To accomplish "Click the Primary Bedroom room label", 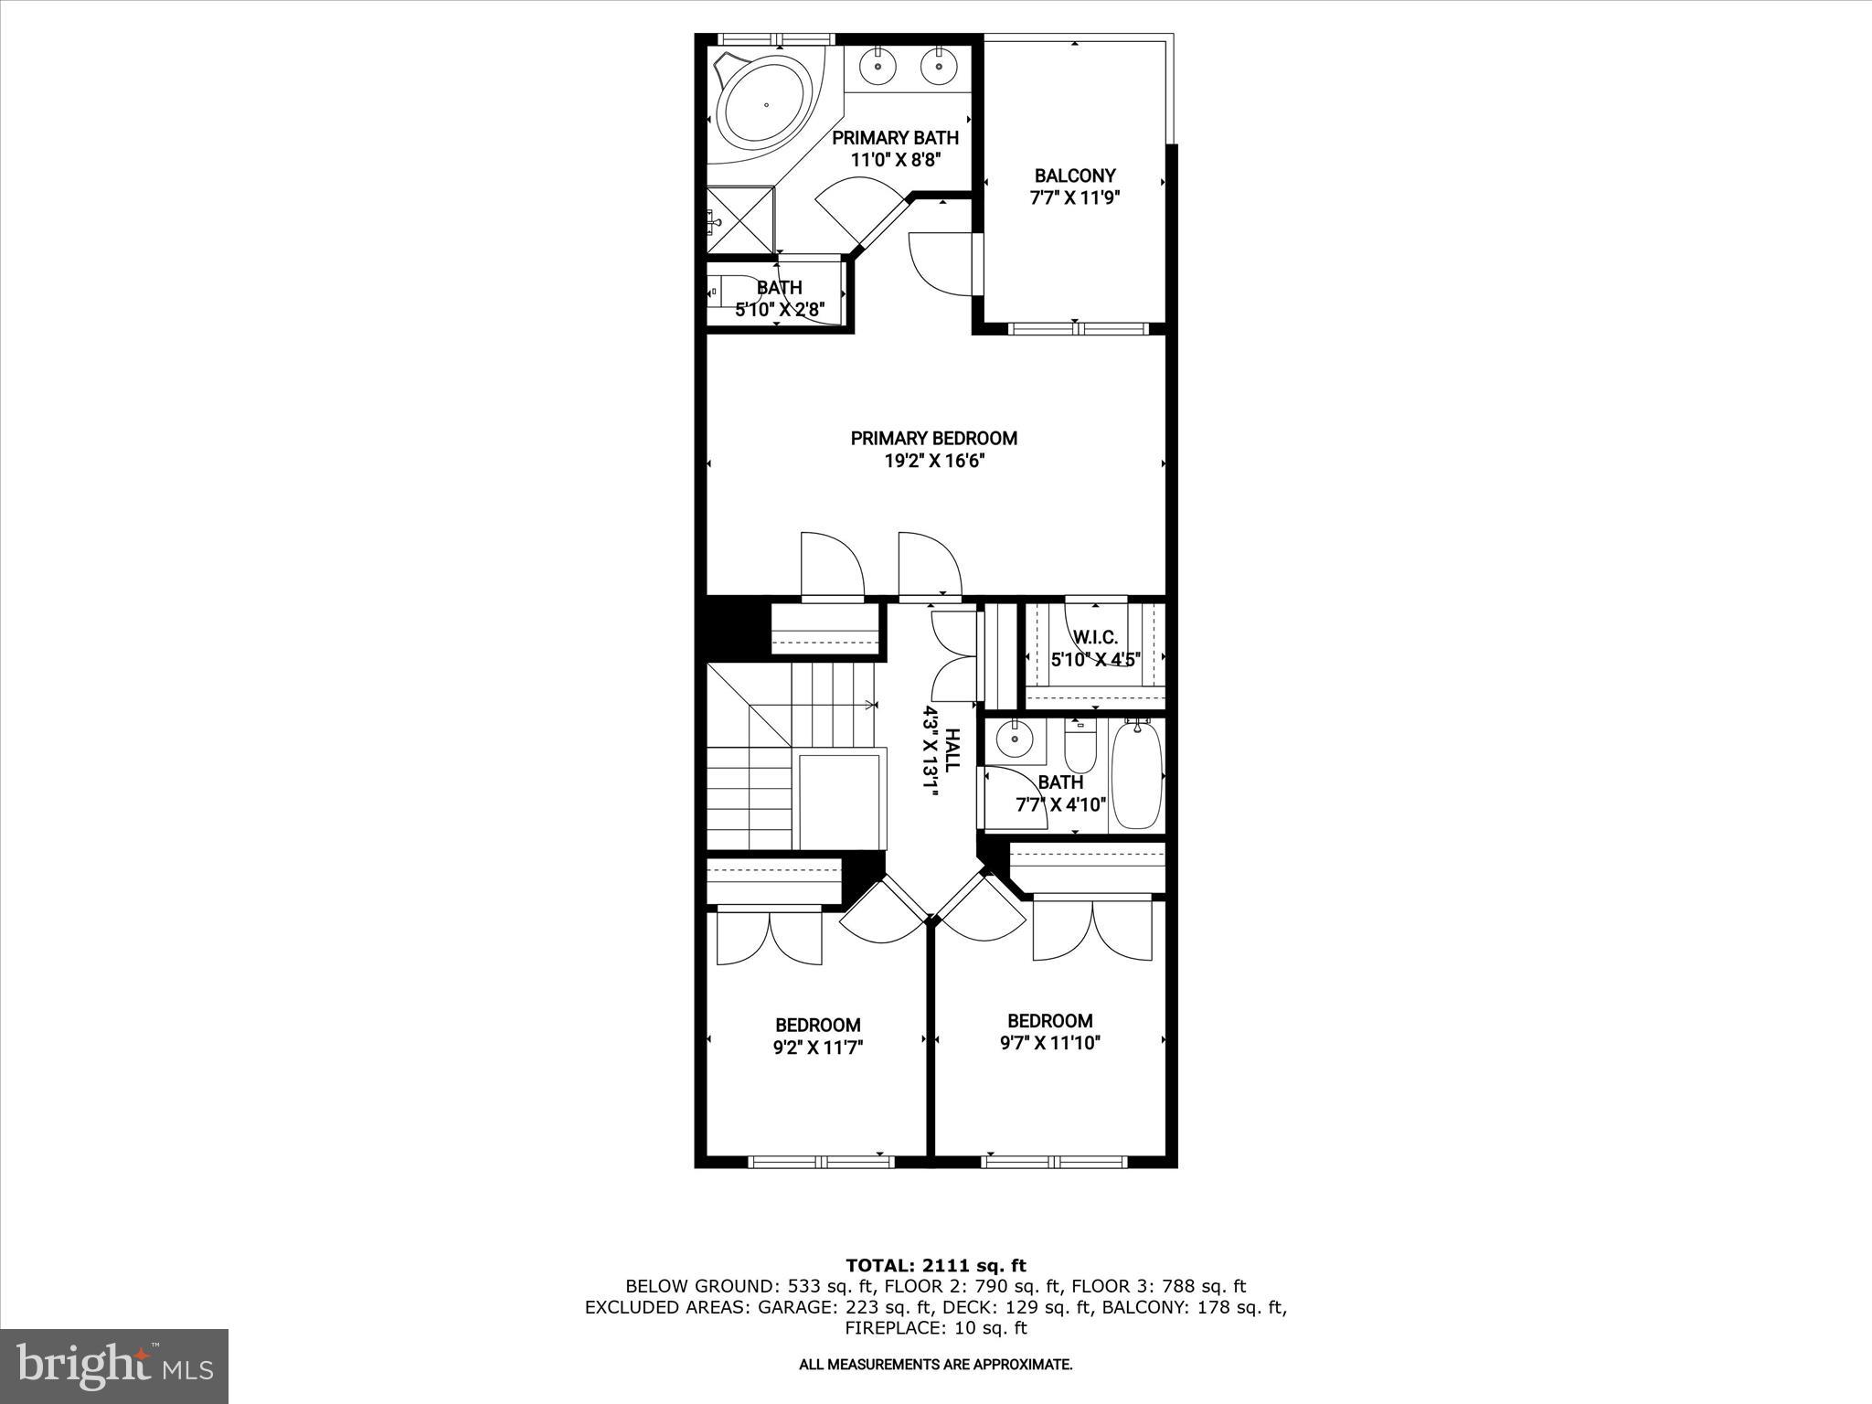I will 933,439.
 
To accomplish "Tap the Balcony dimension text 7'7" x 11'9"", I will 1074,197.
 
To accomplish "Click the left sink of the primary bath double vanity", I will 877,65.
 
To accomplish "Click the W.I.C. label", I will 1095,637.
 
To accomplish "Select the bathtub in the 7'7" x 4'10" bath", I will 1137,773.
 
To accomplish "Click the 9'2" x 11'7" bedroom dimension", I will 817,1048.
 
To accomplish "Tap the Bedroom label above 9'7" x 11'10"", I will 1049,1021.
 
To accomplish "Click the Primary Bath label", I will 895,138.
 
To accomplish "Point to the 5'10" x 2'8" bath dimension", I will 780,310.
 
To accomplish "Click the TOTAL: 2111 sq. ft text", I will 935,1266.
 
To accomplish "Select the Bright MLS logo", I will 114,1366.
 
